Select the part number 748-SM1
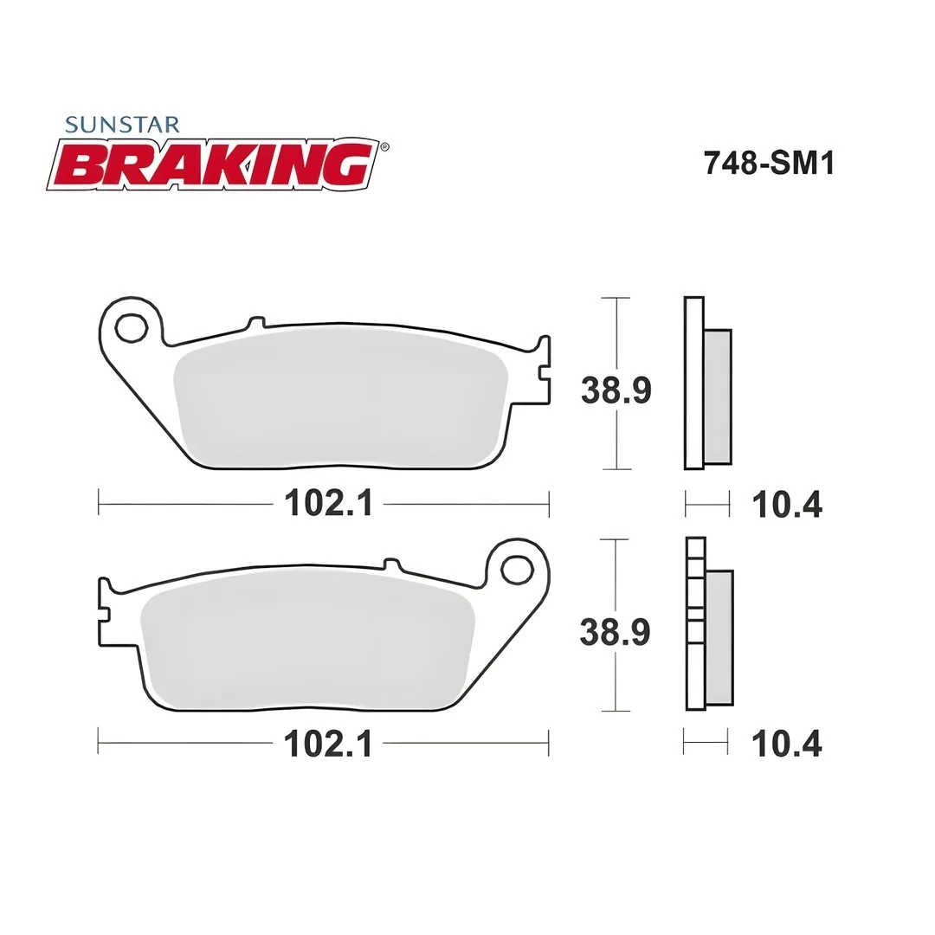tap(769, 163)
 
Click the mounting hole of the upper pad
tap(131, 328)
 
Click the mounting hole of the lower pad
tap(518, 571)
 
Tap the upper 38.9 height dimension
tap(616, 390)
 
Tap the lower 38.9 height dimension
tap(615, 633)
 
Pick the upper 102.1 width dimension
tap(329, 503)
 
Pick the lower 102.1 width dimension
tap(329, 744)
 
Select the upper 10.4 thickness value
tap(786, 504)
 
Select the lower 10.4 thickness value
tap(786, 744)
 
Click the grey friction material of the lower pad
tap(307, 645)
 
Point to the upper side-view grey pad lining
tap(718, 396)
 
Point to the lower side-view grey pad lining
tap(719, 638)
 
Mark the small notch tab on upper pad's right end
tap(544, 371)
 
